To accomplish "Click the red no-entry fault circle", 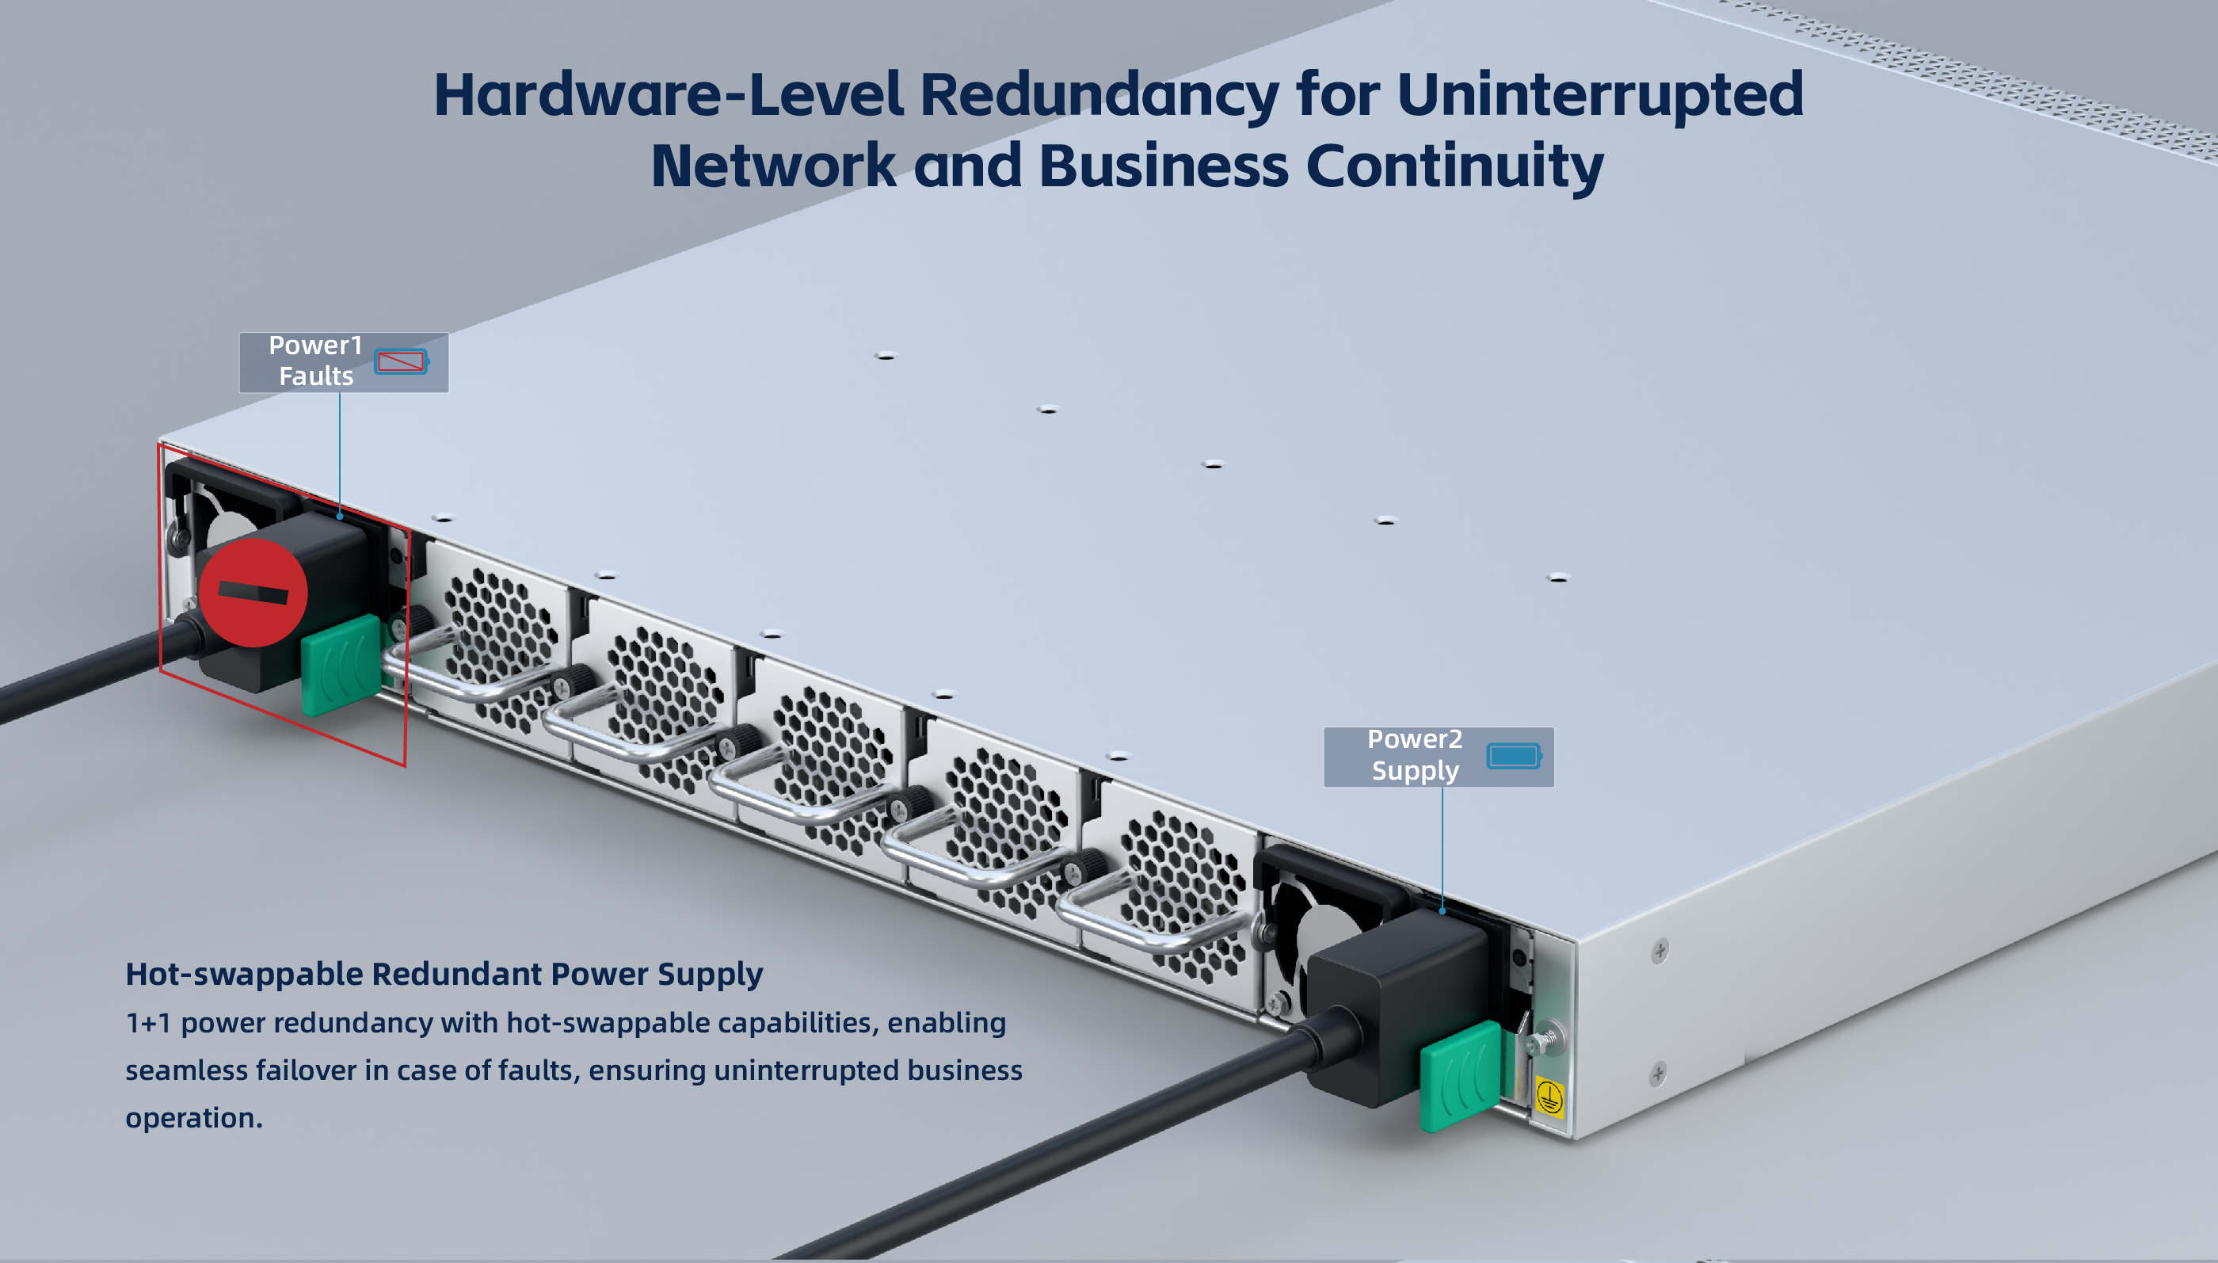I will click(x=253, y=593).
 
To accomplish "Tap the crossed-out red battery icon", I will click(x=401, y=361).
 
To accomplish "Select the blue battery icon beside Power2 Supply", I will click(x=1514, y=756).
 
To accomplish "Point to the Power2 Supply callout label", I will click(x=1415, y=756).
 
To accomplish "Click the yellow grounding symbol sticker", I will click(x=1549, y=1096).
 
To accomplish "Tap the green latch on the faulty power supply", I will click(x=341, y=665).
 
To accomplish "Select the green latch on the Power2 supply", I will click(x=1459, y=1076).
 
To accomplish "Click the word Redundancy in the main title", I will click(x=1099, y=94).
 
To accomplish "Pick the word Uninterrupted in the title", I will click(x=1600, y=94).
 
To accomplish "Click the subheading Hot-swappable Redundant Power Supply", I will click(x=444, y=974).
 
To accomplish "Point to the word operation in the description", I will click(x=193, y=1117).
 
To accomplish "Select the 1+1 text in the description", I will click(x=147, y=1023).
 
